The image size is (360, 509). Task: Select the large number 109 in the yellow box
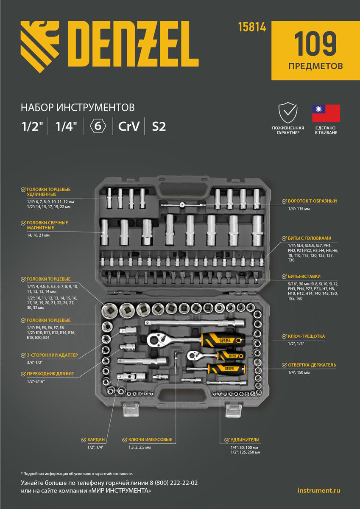click(x=315, y=44)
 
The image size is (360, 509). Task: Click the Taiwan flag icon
click(x=326, y=113)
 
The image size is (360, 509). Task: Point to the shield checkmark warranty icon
click(x=287, y=113)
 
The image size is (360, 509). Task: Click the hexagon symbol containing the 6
click(x=98, y=126)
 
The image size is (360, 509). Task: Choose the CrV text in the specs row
click(x=128, y=126)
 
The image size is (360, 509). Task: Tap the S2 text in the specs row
click(x=159, y=126)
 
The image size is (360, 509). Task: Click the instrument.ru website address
click(x=319, y=491)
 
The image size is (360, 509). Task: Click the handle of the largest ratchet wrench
click(x=220, y=339)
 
